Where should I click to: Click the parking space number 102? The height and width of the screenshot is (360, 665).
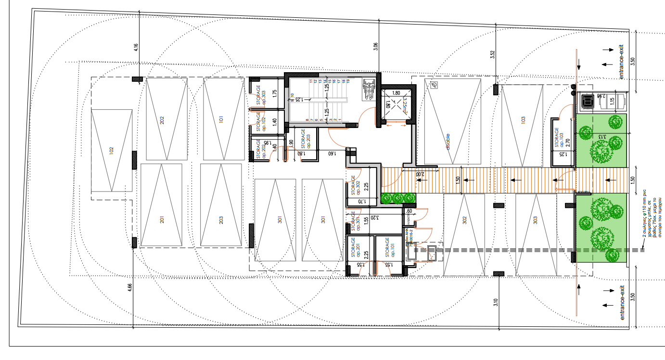click(x=111, y=150)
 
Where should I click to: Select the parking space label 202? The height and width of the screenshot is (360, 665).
click(x=162, y=119)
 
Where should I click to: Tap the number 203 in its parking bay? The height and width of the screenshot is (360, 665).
click(x=221, y=220)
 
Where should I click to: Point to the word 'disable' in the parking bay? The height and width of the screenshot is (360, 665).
click(x=448, y=141)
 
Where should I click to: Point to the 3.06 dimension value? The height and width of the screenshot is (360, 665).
click(x=376, y=47)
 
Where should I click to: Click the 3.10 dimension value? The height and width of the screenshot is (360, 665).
click(x=496, y=303)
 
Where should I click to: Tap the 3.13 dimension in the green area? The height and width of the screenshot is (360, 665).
click(x=601, y=136)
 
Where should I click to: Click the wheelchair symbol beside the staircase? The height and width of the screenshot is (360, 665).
click(x=368, y=90)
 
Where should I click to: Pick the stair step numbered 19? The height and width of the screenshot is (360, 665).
click(x=347, y=81)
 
